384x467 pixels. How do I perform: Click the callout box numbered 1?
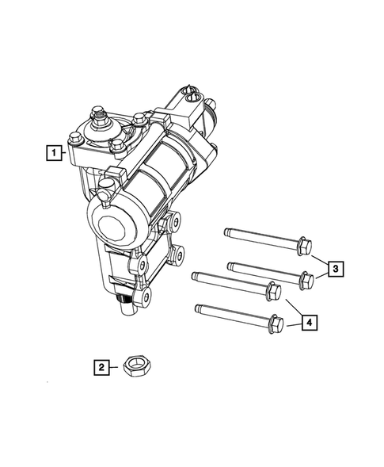pos(53,151)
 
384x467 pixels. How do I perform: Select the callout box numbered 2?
pos(101,366)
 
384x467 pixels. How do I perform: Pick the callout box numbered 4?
pos(310,322)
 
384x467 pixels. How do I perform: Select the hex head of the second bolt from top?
pos(306,279)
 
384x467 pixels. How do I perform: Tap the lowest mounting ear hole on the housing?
pos(146,297)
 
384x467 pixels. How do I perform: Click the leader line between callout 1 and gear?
pos(65,151)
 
